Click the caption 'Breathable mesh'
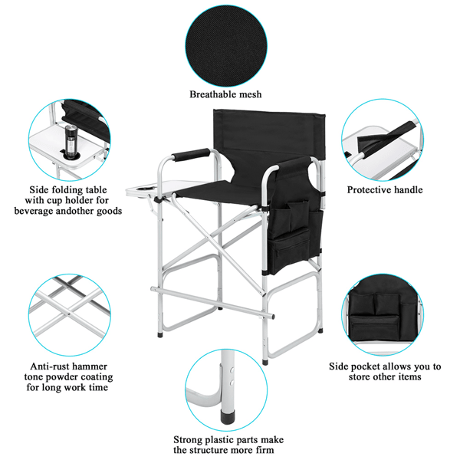226,94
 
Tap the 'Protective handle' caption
385,189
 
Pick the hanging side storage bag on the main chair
292,222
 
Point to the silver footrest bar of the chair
215,302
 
